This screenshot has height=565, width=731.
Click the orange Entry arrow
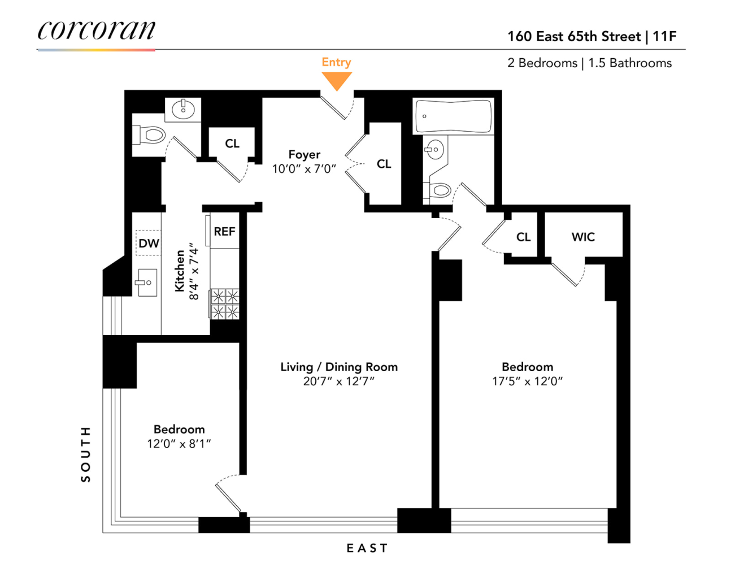337,80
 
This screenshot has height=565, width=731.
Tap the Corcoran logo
96,31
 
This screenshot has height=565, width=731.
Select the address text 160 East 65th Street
574,37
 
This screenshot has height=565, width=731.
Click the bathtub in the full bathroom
453,116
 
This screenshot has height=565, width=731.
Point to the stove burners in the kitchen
225,304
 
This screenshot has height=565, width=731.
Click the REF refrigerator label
224,232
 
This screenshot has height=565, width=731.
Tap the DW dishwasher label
149,244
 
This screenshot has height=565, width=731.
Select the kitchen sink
146,282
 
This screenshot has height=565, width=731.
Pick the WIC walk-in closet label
583,237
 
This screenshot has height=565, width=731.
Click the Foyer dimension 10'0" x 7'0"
304,169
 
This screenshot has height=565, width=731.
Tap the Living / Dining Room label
339,367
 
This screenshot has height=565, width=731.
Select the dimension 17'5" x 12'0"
527,381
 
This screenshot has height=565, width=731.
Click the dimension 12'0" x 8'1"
179,444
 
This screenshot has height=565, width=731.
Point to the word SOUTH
85,454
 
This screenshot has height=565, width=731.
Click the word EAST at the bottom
367,548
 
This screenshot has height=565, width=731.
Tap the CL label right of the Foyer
384,164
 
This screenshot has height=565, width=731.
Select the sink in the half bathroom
183,109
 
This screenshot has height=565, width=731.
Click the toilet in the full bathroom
438,191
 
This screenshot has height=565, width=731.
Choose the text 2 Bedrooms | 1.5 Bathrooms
589,63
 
